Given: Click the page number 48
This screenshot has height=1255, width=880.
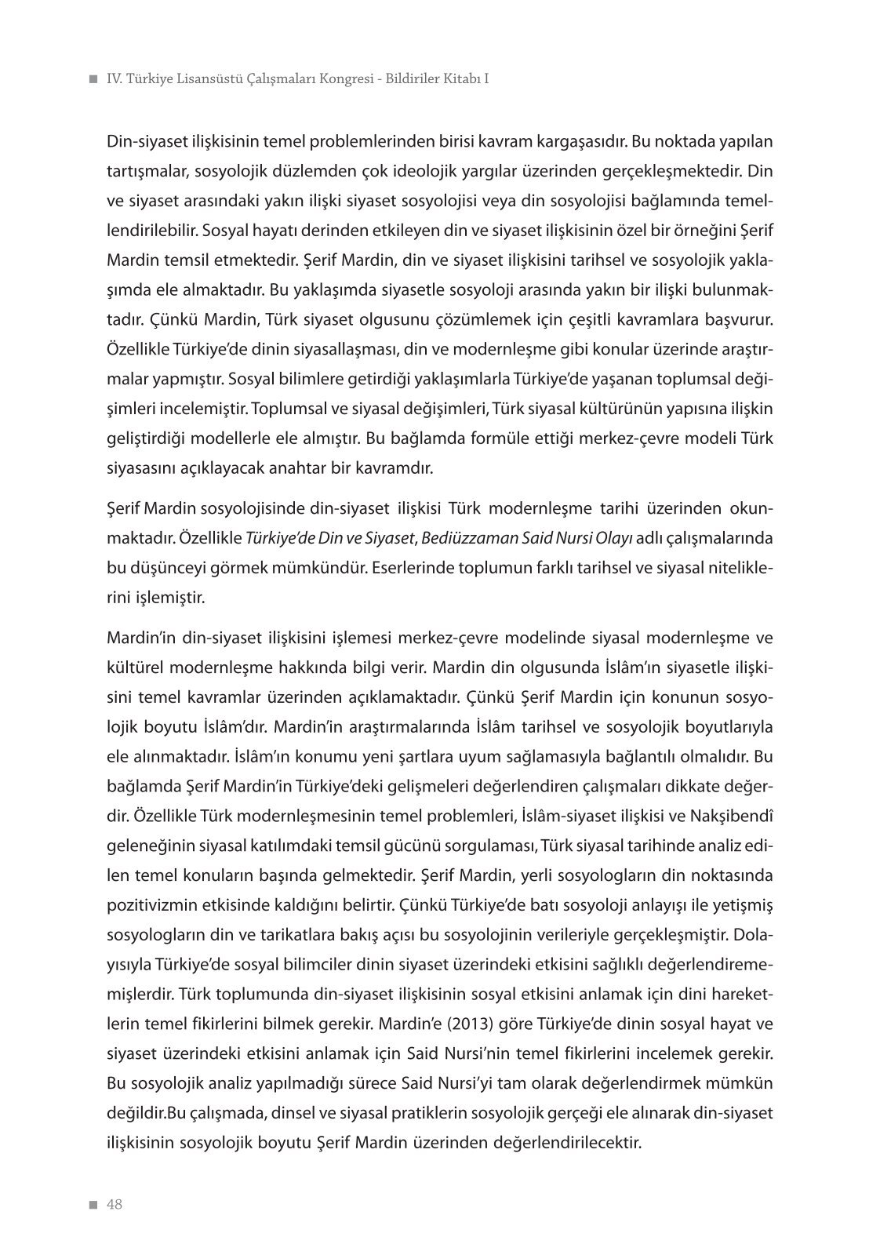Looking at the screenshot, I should click(x=115, y=1205).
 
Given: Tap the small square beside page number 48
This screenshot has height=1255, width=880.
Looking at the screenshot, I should click(x=93, y=1206).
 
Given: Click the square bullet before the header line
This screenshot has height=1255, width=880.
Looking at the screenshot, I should click(x=93, y=80).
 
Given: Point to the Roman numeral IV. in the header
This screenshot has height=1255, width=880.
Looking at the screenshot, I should click(x=115, y=79).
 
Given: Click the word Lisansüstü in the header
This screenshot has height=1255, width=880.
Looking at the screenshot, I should click(x=213, y=79).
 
